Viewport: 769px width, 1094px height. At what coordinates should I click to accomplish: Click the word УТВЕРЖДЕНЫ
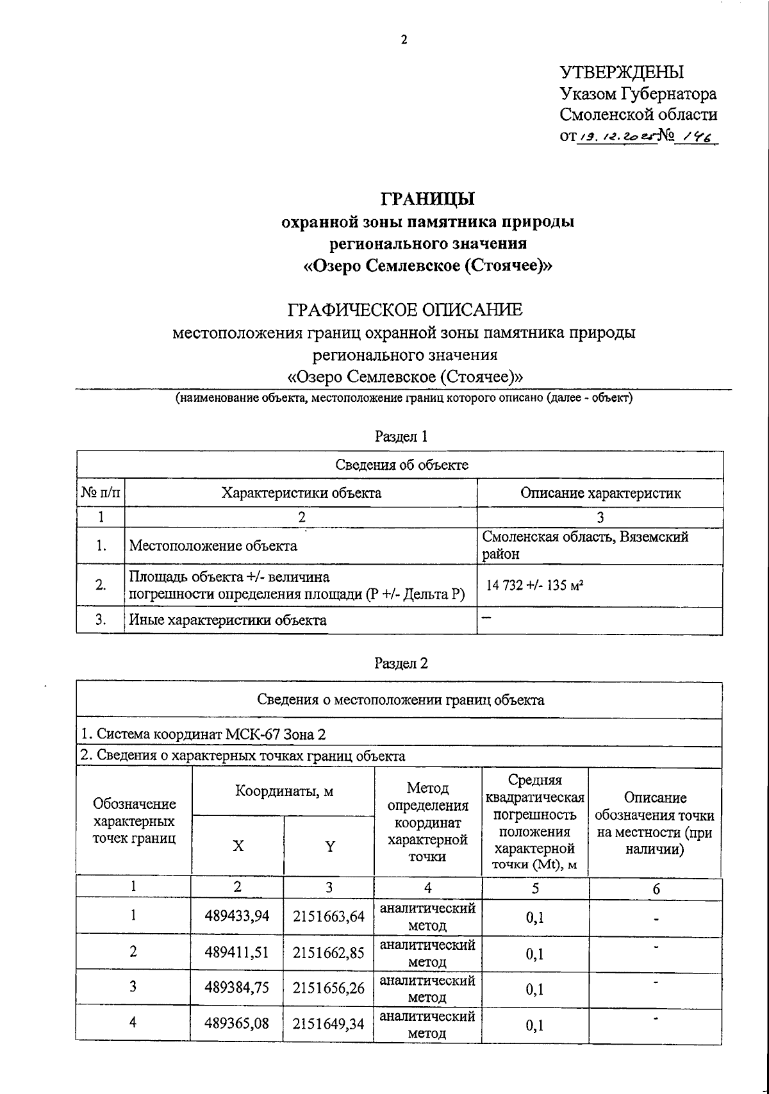click(x=622, y=72)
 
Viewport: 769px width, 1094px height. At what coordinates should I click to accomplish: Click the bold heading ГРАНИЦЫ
click(x=428, y=199)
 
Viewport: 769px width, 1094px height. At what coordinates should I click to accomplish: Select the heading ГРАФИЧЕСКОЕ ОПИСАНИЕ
click(x=405, y=310)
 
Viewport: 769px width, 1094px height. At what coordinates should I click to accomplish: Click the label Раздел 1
click(x=401, y=436)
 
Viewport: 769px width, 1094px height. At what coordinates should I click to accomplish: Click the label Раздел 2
click(x=401, y=663)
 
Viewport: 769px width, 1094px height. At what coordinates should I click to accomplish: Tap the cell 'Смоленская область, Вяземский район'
click(x=585, y=545)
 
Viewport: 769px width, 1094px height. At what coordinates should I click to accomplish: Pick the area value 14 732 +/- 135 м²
click(x=535, y=585)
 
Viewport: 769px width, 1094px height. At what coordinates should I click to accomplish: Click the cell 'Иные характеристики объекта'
click(x=227, y=620)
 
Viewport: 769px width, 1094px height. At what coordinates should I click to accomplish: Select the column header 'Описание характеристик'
click(x=600, y=493)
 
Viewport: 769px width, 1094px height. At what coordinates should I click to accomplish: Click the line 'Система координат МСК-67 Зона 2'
click(x=206, y=734)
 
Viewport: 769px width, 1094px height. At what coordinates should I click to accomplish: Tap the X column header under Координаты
click(x=238, y=846)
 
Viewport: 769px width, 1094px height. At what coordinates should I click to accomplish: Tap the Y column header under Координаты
click(x=329, y=846)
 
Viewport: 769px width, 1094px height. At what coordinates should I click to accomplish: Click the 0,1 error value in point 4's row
click(x=534, y=1025)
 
